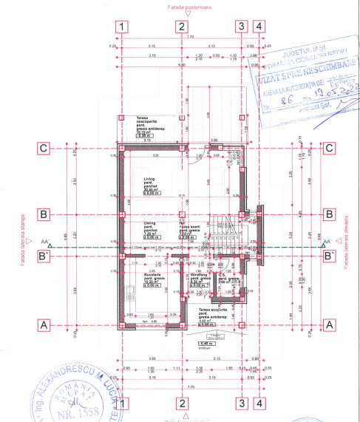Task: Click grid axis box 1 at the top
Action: coord(122,26)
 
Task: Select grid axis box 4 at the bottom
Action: coord(258,403)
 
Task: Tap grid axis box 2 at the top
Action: coord(181,26)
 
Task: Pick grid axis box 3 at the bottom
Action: coord(240,403)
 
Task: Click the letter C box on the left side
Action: coord(44,148)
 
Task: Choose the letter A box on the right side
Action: coord(330,324)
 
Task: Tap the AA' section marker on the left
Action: coord(47,242)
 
